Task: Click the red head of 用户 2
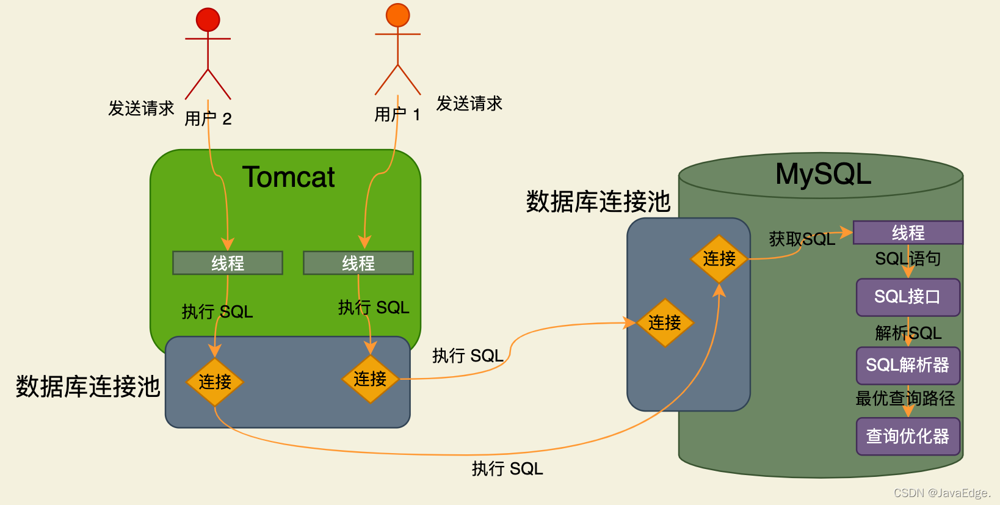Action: [x=208, y=20]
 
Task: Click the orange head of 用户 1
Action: [x=397, y=15]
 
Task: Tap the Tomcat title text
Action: [x=288, y=177]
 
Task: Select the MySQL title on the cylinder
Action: [x=823, y=174]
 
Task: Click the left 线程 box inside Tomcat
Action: [x=228, y=263]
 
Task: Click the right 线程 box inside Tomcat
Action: [x=358, y=263]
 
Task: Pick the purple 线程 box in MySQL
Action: [x=908, y=233]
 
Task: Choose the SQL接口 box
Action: [x=908, y=297]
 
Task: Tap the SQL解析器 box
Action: [x=908, y=365]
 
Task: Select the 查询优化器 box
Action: [x=908, y=436]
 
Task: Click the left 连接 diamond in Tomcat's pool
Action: [x=215, y=382]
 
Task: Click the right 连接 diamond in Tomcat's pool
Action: [x=370, y=379]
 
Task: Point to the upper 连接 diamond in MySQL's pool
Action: [x=719, y=259]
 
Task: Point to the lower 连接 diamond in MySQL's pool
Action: [x=665, y=322]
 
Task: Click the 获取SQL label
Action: [x=802, y=239]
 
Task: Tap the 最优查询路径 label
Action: [x=905, y=399]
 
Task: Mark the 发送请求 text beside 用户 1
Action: [x=469, y=104]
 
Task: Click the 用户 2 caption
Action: [x=208, y=118]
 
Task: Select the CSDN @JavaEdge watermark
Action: [x=941, y=493]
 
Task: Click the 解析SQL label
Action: [x=908, y=333]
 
